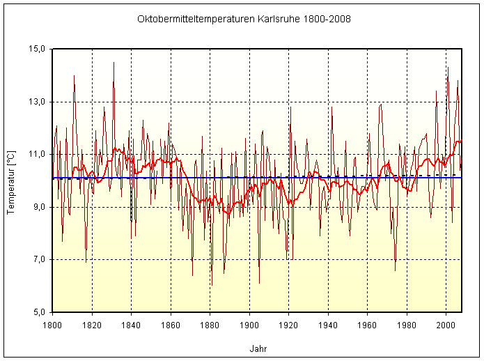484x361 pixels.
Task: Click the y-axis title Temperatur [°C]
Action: (10, 180)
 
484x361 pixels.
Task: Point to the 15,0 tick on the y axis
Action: (36, 49)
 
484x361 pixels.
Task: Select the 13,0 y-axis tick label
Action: (36, 102)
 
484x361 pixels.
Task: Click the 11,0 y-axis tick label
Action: (36, 154)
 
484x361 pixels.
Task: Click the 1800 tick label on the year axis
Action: (52, 324)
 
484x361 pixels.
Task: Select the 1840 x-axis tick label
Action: (131, 324)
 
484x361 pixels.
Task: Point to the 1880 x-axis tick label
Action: (210, 324)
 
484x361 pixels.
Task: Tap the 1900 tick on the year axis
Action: (249, 324)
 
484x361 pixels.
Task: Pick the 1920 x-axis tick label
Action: (288, 324)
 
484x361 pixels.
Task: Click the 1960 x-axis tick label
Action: (367, 324)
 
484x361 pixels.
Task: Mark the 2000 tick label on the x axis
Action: (446, 324)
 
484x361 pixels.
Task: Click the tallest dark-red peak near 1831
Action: (114, 63)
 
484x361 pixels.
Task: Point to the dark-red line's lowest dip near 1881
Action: (212, 285)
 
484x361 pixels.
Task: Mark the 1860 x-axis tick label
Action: (171, 324)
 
